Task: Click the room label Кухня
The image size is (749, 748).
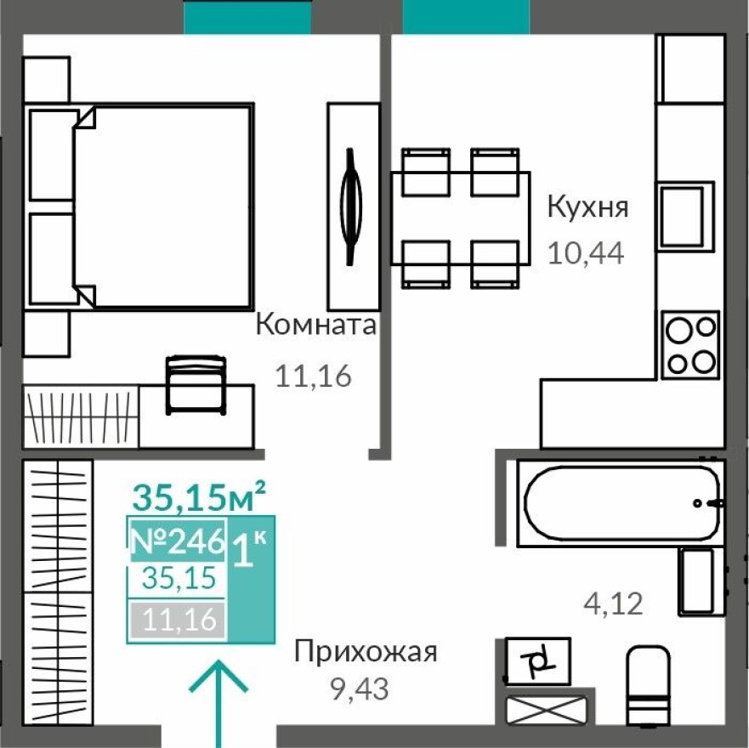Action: (587, 207)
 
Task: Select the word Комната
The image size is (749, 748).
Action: (315, 325)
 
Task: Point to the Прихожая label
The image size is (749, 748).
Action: (365, 653)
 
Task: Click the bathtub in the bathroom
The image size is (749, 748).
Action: (622, 501)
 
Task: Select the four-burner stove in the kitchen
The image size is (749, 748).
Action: (690, 345)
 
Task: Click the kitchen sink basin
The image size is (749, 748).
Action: (683, 215)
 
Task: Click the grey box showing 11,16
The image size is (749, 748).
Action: (177, 620)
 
